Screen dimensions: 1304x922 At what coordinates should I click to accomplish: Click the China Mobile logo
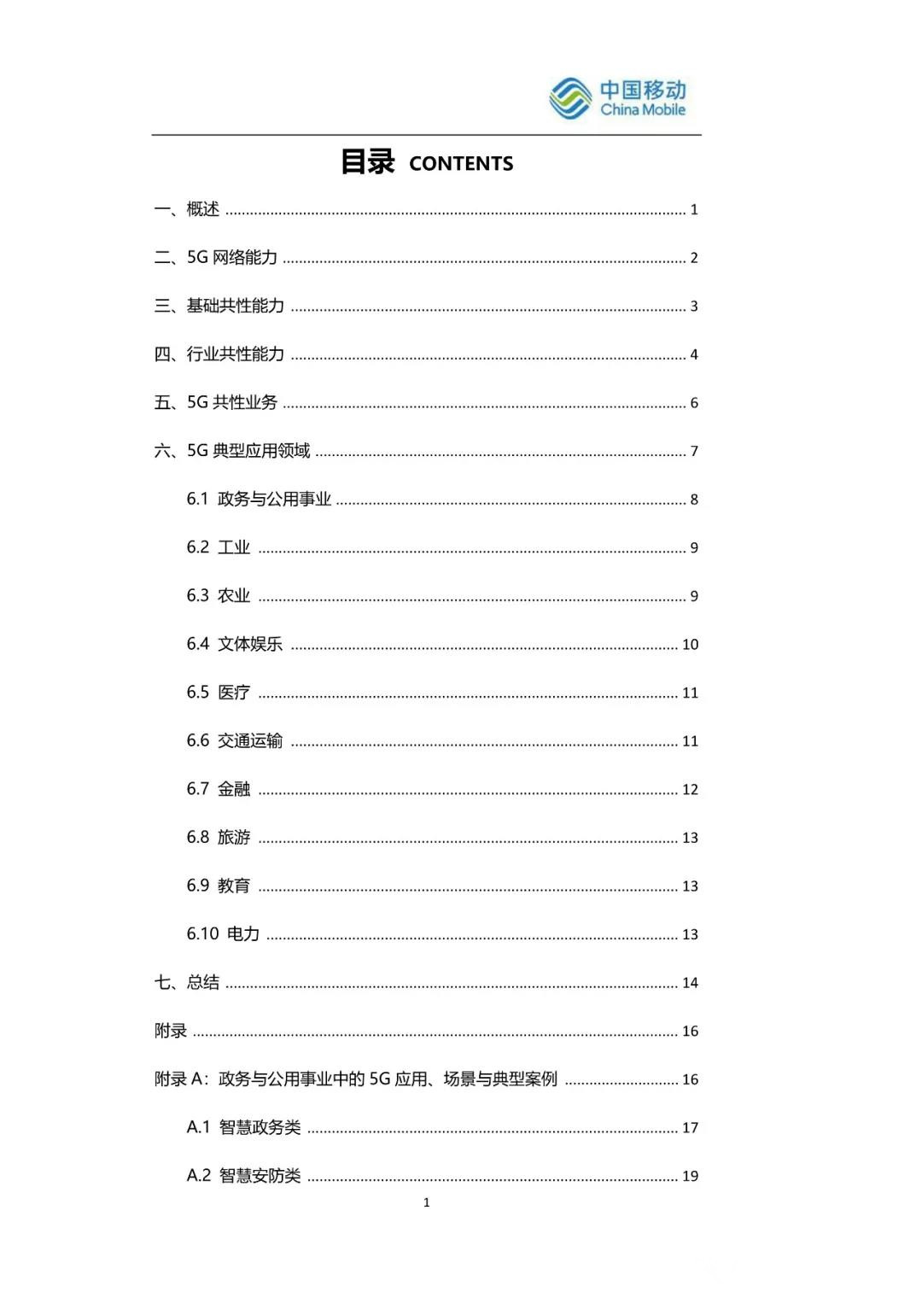[x=617, y=98]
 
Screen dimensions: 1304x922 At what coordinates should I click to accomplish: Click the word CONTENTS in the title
[x=461, y=164]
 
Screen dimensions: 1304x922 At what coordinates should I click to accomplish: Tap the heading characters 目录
[x=368, y=161]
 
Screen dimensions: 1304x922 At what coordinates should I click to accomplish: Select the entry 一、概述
[x=187, y=209]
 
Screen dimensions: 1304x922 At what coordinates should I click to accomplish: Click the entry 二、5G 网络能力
[x=216, y=257]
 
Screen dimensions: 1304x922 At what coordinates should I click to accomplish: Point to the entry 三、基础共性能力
[x=219, y=306]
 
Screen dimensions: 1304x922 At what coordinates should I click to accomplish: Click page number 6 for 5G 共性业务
[x=694, y=403]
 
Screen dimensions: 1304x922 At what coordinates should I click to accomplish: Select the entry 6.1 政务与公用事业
[x=259, y=500]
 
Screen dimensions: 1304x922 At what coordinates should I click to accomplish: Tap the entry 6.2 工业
[x=219, y=547]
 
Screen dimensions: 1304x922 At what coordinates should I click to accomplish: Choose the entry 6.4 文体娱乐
[x=235, y=644]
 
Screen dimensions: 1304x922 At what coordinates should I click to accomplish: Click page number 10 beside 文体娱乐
[x=690, y=645]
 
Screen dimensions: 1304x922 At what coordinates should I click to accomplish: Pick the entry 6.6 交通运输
[x=235, y=740]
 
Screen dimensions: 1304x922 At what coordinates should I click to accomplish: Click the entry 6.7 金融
[x=219, y=789]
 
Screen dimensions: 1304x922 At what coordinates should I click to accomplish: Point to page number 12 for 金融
[x=690, y=790]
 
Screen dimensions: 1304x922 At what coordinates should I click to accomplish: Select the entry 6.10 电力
[x=223, y=934]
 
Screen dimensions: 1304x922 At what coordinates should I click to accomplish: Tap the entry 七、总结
[x=187, y=982]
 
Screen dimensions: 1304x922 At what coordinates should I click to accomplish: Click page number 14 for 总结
[x=690, y=983]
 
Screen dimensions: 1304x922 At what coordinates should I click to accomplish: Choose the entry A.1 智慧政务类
[x=244, y=1127]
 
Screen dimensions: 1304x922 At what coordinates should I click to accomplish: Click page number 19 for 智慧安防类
[x=690, y=1176]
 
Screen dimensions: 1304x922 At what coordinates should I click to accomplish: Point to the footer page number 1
[x=427, y=1202]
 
